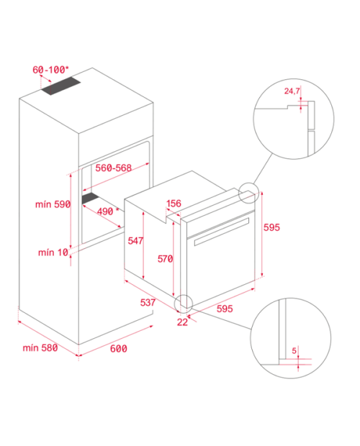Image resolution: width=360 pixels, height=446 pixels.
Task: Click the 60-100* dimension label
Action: pyautogui.click(x=50, y=70)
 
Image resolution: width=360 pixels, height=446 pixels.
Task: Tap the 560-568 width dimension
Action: pyautogui.click(x=113, y=168)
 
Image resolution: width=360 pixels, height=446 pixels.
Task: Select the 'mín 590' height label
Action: pyautogui.click(x=53, y=204)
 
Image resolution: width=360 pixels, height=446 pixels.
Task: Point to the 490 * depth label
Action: pyautogui.click(x=108, y=211)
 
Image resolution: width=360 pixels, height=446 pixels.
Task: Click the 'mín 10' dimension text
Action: pyautogui.click(x=53, y=252)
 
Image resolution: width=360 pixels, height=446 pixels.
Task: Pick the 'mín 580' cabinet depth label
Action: pyautogui.click(x=40, y=347)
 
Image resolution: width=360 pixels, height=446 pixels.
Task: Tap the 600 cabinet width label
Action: pyautogui.click(x=118, y=348)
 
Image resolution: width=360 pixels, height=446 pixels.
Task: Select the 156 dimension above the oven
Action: pyautogui.click(x=174, y=204)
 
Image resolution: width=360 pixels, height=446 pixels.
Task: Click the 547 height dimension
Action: pyautogui.click(x=135, y=241)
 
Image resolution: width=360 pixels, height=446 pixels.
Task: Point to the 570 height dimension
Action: pyautogui.click(x=166, y=259)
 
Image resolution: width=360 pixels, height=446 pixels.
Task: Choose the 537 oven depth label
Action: pyautogui.click(x=148, y=302)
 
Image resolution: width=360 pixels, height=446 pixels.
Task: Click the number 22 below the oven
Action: pyautogui.click(x=182, y=322)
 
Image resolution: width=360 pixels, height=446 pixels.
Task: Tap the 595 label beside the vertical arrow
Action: pyautogui.click(x=271, y=227)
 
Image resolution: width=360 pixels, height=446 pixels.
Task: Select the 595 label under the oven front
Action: pyautogui.click(x=225, y=309)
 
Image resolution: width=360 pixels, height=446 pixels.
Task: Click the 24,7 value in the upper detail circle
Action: pyautogui.click(x=292, y=91)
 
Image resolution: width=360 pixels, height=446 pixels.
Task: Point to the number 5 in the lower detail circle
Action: pyautogui.click(x=294, y=351)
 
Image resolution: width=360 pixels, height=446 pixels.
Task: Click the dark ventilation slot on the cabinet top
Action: pyautogui.click(x=61, y=86)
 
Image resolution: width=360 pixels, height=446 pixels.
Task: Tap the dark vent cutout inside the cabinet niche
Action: pyautogui.click(x=90, y=198)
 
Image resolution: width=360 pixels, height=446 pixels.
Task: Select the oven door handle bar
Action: pyautogui.click(x=222, y=232)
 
